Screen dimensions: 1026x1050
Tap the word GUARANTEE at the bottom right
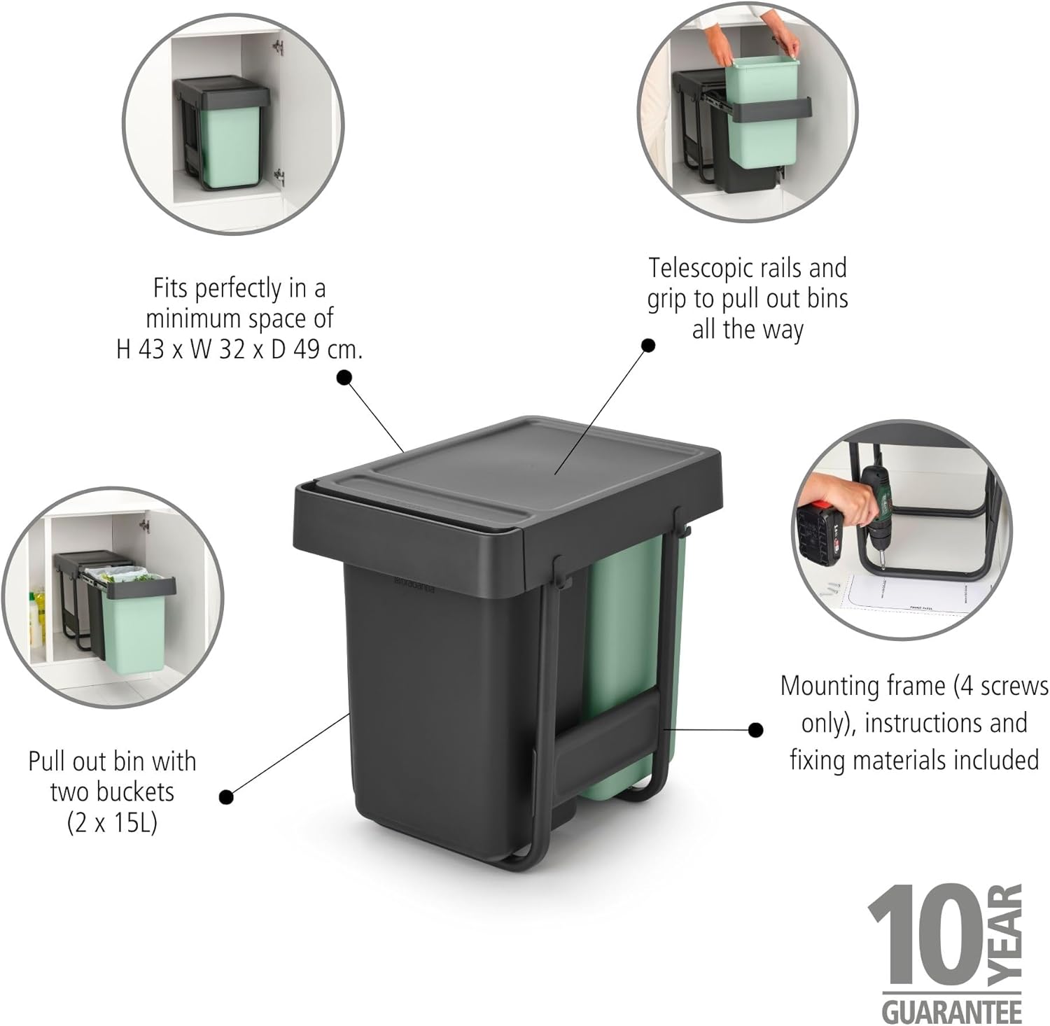tap(953, 1011)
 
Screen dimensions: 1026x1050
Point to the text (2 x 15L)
tap(112, 823)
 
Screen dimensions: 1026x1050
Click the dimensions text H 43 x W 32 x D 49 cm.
tap(239, 349)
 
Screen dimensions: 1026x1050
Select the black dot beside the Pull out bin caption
tap(226, 796)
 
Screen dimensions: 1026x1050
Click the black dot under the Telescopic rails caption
tap(649, 345)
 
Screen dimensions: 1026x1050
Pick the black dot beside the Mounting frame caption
tap(755, 730)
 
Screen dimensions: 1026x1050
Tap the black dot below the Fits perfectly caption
tap(344, 378)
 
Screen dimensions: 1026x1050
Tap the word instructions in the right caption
tap(946, 724)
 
